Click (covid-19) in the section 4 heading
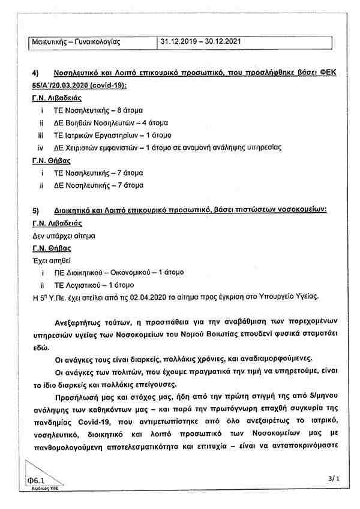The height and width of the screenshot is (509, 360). [x=109, y=86]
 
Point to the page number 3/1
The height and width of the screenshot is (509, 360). [x=334, y=478]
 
